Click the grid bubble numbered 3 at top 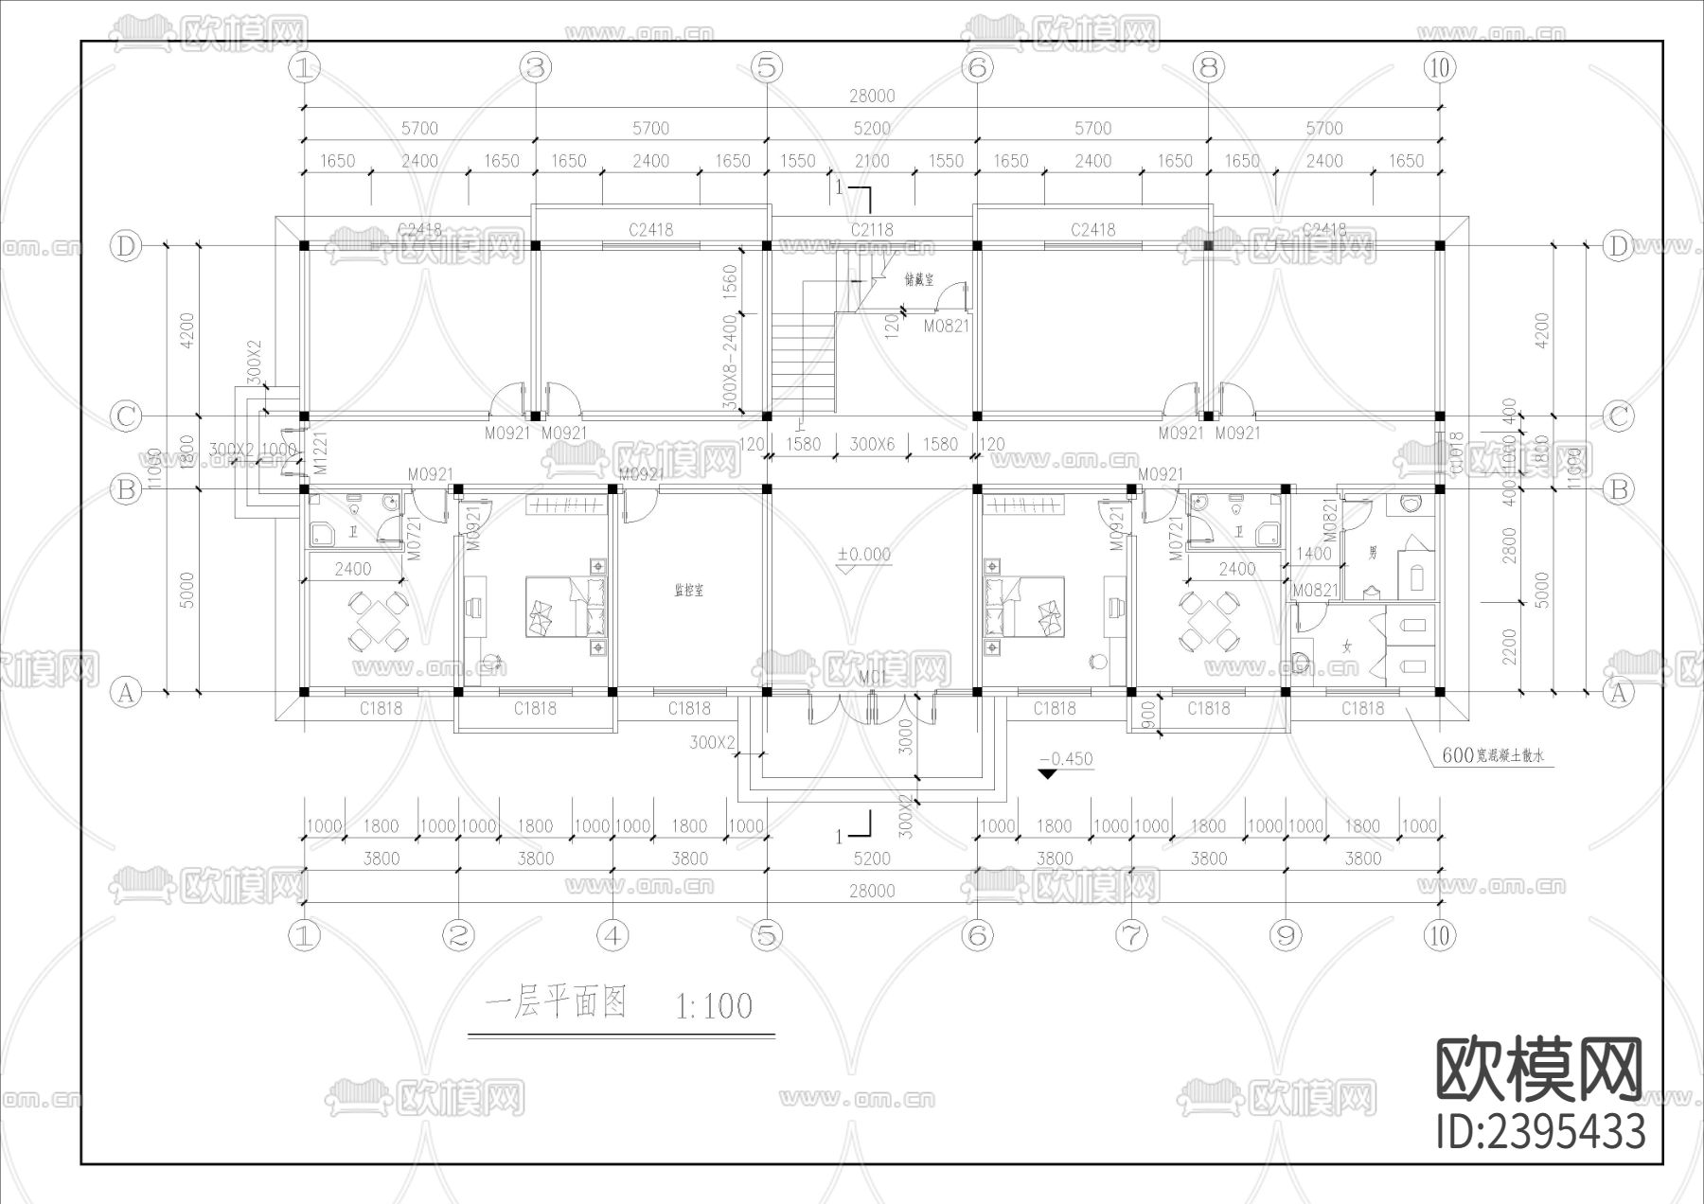point(536,67)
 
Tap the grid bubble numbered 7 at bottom point(1131,935)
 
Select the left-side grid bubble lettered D point(125,246)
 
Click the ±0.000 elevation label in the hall point(863,555)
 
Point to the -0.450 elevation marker point(1066,759)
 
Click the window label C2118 point(871,229)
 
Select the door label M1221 point(320,452)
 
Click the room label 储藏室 point(919,280)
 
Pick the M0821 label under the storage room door point(947,327)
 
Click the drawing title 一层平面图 point(556,1002)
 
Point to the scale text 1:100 point(714,1005)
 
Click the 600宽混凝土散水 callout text point(1494,756)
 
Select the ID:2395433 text point(1540,1132)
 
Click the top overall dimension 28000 point(871,96)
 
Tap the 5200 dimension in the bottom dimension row point(871,859)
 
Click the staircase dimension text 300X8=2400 point(730,363)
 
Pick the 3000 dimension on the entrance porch point(905,736)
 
